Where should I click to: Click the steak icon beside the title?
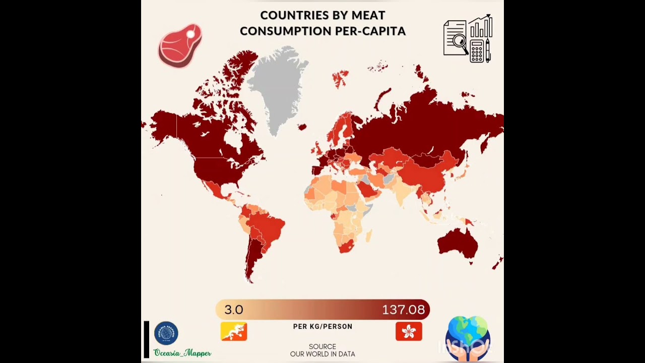click(x=180, y=45)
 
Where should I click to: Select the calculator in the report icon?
click(x=476, y=51)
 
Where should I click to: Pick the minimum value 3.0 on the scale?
click(x=234, y=310)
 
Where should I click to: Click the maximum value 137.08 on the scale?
click(x=403, y=310)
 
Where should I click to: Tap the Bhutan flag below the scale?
click(x=234, y=331)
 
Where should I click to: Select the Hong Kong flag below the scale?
click(x=409, y=331)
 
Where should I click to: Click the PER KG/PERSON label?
click(x=322, y=327)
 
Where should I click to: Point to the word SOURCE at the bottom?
click(x=322, y=346)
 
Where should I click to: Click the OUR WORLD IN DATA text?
click(x=322, y=354)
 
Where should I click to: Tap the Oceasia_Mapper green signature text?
click(x=182, y=353)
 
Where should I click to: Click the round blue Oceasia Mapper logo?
click(x=166, y=333)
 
